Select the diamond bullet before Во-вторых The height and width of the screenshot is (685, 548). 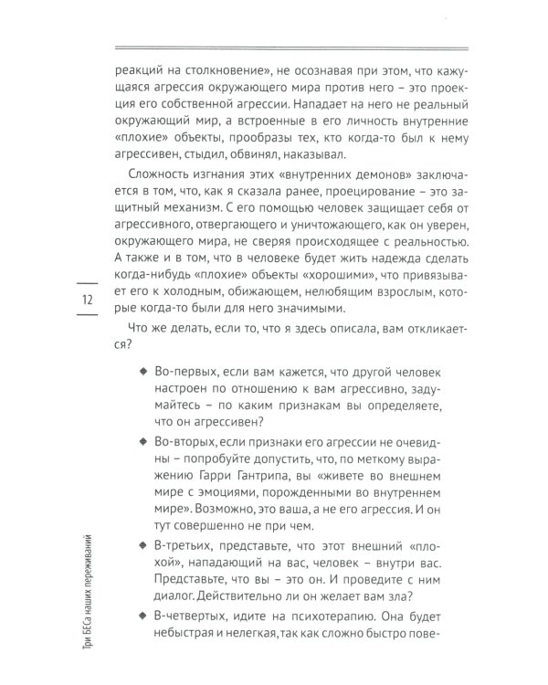click(x=142, y=440)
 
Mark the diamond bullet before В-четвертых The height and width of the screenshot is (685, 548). click(x=142, y=615)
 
